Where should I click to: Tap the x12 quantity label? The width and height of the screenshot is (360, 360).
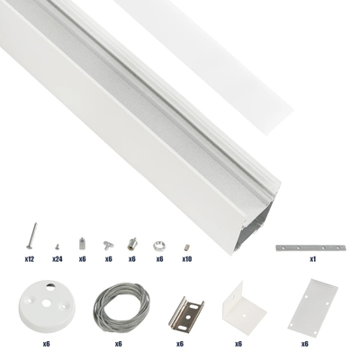click(30, 259)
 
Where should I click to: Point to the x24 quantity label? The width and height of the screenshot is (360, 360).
click(56, 259)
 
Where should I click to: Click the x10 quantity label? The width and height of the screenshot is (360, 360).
click(186, 259)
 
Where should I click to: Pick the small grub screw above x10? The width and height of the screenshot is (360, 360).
click(186, 245)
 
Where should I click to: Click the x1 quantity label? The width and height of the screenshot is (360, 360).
click(312, 259)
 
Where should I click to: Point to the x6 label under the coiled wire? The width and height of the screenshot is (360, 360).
click(119, 343)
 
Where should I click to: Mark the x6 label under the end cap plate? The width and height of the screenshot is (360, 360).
click(305, 343)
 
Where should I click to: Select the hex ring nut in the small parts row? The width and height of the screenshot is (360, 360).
click(159, 244)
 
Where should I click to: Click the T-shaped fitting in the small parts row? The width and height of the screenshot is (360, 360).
click(107, 244)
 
